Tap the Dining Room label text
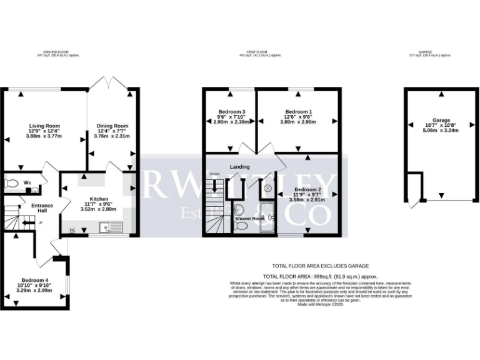[111, 125]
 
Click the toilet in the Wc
[11, 184]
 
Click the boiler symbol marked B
[72, 231]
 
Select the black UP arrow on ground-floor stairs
[26, 222]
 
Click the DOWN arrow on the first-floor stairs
[217, 185]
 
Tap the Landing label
[240, 167]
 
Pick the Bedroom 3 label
[230, 111]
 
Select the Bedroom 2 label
[307, 189]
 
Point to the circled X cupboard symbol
[269, 187]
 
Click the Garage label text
[441, 119]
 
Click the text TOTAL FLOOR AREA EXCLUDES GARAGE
[320, 266]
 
